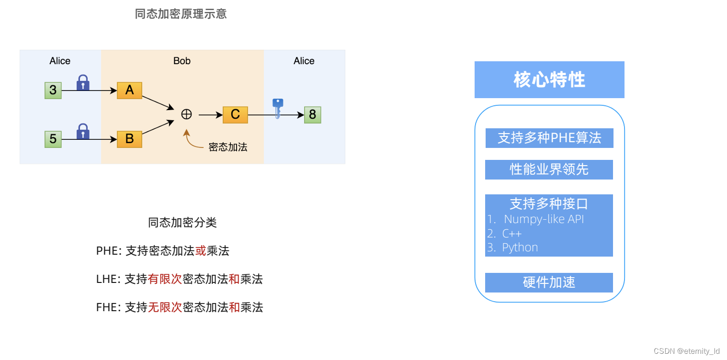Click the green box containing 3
53,90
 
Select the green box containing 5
53,139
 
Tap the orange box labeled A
129,90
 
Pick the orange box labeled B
129,139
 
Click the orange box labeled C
235,115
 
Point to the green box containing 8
313,115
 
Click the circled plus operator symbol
186,114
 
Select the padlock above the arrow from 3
83,82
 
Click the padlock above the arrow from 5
83,131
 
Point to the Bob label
182,61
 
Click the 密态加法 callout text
228,147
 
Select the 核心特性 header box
549,79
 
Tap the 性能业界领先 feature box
549,169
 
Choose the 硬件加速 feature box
549,282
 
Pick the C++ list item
511,234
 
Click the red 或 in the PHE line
201,251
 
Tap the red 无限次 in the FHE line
165,307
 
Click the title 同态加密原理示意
181,14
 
